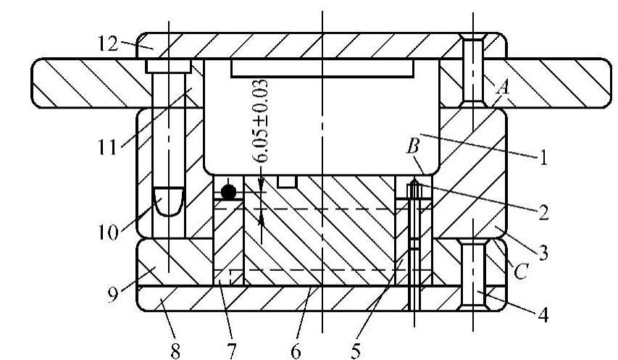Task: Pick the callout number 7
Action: tap(231, 350)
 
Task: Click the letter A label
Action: tap(500, 88)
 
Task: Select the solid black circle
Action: tap(229, 192)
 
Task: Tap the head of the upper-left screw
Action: tap(169, 66)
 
